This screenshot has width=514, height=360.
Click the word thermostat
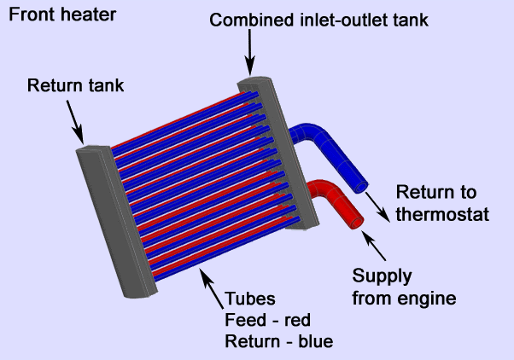click(x=441, y=214)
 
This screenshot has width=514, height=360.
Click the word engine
click(x=435, y=299)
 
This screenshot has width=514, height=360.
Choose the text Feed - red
click(x=266, y=321)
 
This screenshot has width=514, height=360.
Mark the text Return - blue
click(x=277, y=342)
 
